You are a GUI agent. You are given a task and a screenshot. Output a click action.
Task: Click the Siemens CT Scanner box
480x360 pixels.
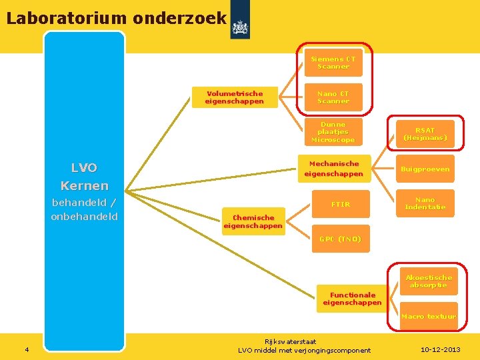click(x=333, y=63)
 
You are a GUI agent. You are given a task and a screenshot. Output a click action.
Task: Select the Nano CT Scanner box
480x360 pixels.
click(x=333, y=97)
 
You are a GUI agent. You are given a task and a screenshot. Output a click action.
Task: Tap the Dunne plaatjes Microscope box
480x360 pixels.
click(x=333, y=132)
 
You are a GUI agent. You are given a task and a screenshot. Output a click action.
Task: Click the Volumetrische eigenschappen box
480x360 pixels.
click(x=235, y=97)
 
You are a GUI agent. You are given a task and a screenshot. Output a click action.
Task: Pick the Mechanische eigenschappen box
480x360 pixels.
click(x=334, y=169)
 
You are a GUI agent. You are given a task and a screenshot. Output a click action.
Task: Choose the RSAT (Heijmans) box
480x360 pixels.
click(x=425, y=134)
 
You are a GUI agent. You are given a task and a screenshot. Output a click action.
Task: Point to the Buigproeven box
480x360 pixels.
click(x=425, y=169)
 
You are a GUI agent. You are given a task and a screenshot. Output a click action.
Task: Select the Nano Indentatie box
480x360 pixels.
click(x=425, y=203)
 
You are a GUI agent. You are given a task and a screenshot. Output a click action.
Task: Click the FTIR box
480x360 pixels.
click(x=341, y=204)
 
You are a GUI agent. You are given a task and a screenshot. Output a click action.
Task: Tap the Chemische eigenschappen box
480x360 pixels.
click(x=253, y=221)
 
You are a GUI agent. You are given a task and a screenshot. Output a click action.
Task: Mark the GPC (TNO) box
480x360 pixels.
click(x=340, y=239)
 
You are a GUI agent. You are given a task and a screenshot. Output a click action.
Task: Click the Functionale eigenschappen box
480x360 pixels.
click(x=353, y=299)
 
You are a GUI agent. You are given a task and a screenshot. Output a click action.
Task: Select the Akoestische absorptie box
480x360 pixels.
click(x=429, y=281)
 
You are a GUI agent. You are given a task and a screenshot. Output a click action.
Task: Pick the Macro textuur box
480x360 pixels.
click(x=429, y=316)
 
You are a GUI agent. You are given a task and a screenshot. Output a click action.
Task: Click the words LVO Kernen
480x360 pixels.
click(x=84, y=177)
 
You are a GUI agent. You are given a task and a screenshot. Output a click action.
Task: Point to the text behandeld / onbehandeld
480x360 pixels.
click(x=84, y=209)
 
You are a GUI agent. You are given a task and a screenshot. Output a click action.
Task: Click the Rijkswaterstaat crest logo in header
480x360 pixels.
click(x=240, y=27)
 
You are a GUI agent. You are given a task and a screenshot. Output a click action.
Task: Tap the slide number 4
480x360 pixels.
click(x=26, y=350)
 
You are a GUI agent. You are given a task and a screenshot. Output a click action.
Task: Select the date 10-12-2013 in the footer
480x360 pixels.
click(x=441, y=350)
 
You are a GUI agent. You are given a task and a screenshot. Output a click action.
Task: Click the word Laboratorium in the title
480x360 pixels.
click(x=67, y=18)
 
